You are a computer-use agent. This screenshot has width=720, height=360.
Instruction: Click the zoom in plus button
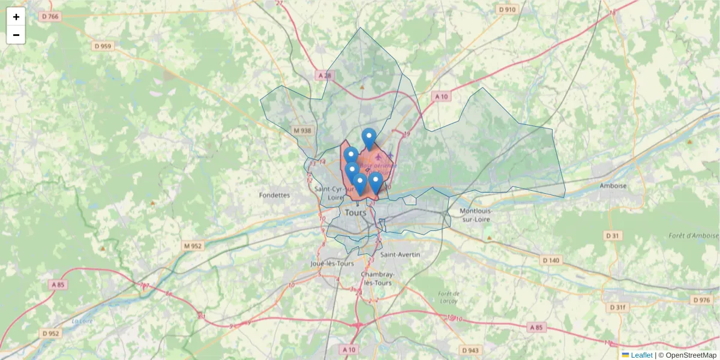click(16, 17)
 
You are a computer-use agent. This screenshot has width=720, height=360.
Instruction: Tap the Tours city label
click(356, 213)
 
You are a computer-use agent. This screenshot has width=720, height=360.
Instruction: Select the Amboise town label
click(613, 186)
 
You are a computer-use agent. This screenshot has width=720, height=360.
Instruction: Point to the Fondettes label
click(274, 195)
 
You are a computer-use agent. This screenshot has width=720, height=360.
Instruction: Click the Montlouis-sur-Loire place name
click(476, 215)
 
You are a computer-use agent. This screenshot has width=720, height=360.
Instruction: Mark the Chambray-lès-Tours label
click(376, 278)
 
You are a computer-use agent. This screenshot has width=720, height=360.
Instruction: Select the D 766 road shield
click(50, 16)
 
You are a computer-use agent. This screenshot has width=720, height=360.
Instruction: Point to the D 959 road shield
click(103, 46)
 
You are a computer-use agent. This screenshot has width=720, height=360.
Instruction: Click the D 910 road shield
click(507, 10)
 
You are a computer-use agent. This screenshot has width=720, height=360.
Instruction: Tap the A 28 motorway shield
click(325, 75)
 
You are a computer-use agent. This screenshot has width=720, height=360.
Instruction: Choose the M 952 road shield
click(193, 246)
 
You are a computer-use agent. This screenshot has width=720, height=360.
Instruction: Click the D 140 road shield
click(550, 260)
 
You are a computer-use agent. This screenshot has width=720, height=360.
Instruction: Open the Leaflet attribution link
click(641, 355)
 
